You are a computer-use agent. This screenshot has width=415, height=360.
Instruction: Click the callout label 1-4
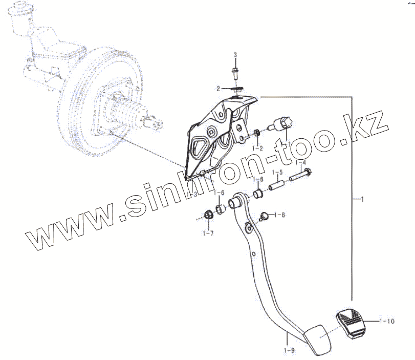[301, 163]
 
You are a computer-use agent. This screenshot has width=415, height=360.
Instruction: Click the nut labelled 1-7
[209, 214]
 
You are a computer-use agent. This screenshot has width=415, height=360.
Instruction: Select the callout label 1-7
[208, 234]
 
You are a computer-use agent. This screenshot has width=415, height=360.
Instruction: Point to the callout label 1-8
[280, 215]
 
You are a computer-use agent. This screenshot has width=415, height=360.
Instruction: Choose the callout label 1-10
[387, 322]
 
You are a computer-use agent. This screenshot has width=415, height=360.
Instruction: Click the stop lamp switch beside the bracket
[282, 123]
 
